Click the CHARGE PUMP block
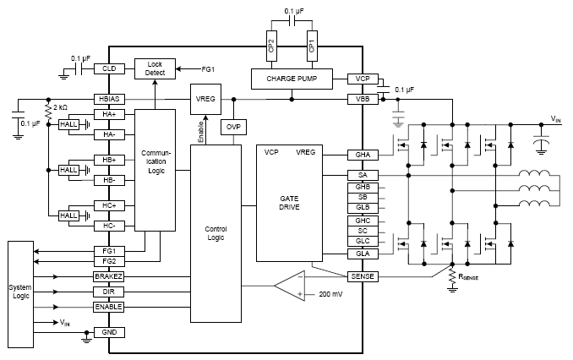coord(292,79)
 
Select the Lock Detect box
coord(155,68)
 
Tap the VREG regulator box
coord(205,98)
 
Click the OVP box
coord(232,126)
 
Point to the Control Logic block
coord(216,232)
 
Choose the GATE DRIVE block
coord(291,203)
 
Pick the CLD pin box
coord(109,68)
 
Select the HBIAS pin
coord(109,98)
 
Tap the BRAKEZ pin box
coord(109,276)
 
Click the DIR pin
coord(109,292)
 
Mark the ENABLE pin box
coord(109,306)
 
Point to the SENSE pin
coord(363,276)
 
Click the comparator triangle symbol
coord(290,285)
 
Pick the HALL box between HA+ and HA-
coord(68,124)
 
